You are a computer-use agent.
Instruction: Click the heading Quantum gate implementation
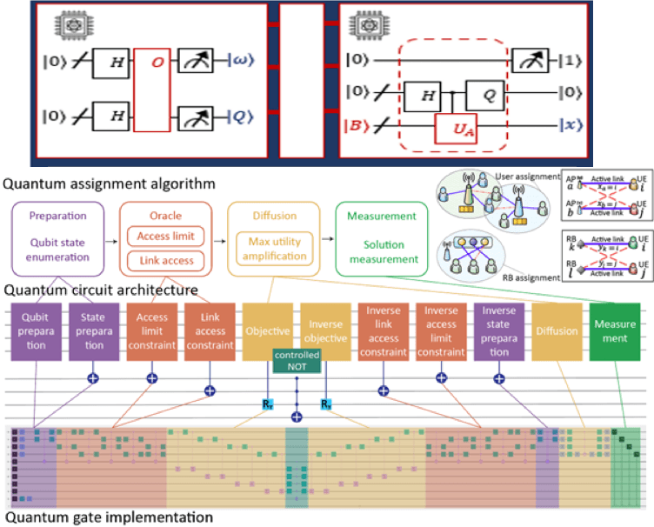(x=110, y=517)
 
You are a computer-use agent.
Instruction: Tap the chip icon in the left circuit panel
(x=67, y=23)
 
